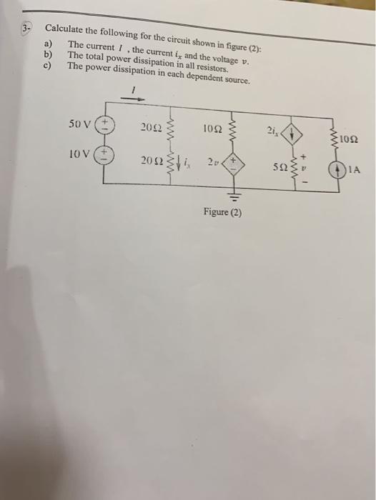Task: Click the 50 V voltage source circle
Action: point(104,126)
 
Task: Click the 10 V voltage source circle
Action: point(104,155)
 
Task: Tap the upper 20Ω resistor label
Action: point(149,129)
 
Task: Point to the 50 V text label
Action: point(80,124)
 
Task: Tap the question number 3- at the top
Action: point(26,29)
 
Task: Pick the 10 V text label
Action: point(80,154)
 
